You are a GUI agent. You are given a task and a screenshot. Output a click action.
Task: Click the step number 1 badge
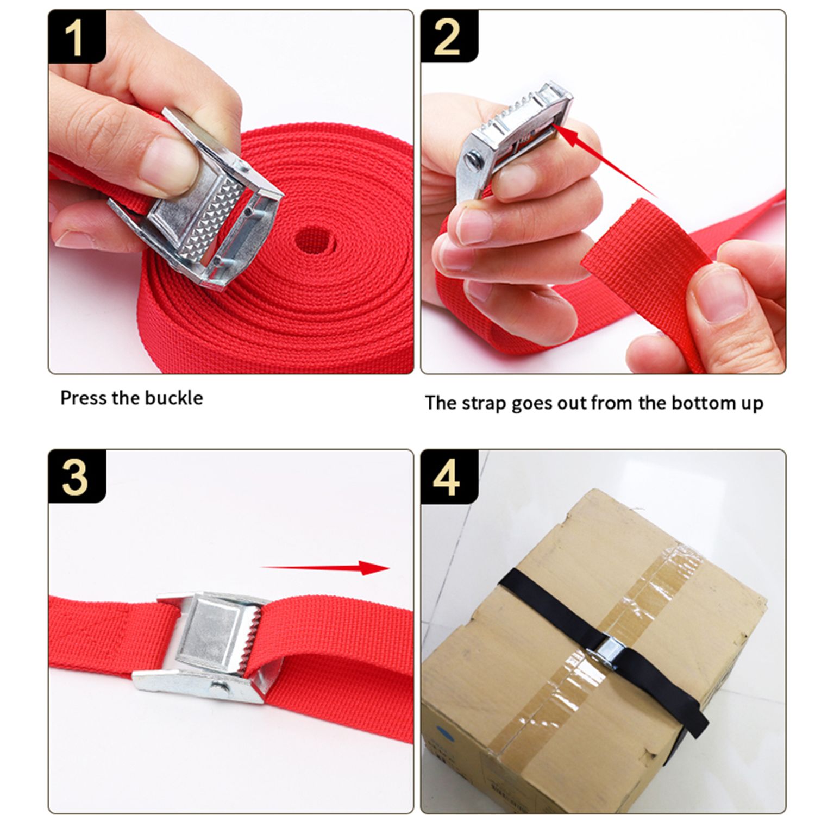[x=76, y=37]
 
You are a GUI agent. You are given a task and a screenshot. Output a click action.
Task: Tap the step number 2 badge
[x=449, y=37]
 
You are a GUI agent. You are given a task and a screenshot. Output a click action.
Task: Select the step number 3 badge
[x=76, y=477]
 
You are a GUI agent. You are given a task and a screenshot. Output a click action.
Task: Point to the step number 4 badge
[x=449, y=477]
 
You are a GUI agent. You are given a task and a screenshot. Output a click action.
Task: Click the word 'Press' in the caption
[x=83, y=398]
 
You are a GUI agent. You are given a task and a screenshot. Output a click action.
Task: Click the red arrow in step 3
[x=325, y=568]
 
